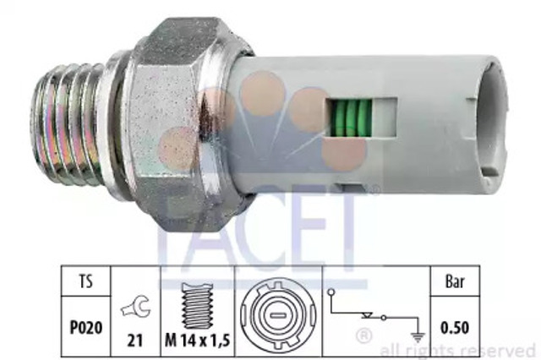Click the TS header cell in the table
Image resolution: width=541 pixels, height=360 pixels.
[86, 281]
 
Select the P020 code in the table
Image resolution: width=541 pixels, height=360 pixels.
[86, 328]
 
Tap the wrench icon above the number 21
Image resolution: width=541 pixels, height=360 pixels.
[135, 307]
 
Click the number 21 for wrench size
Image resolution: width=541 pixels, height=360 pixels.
[135, 341]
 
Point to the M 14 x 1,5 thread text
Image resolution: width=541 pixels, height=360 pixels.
[197, 341]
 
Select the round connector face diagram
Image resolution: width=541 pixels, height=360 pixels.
[278, 315]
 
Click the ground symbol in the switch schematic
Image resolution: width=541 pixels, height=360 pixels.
[418, 337]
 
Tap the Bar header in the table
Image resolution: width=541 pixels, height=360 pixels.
[455, 281]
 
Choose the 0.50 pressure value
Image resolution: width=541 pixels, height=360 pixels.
[455, 328]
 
